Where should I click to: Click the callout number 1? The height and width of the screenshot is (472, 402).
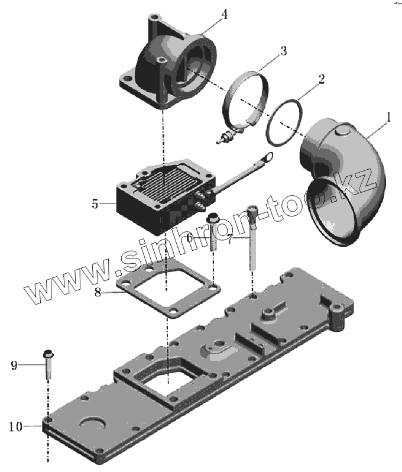(388, 119)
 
